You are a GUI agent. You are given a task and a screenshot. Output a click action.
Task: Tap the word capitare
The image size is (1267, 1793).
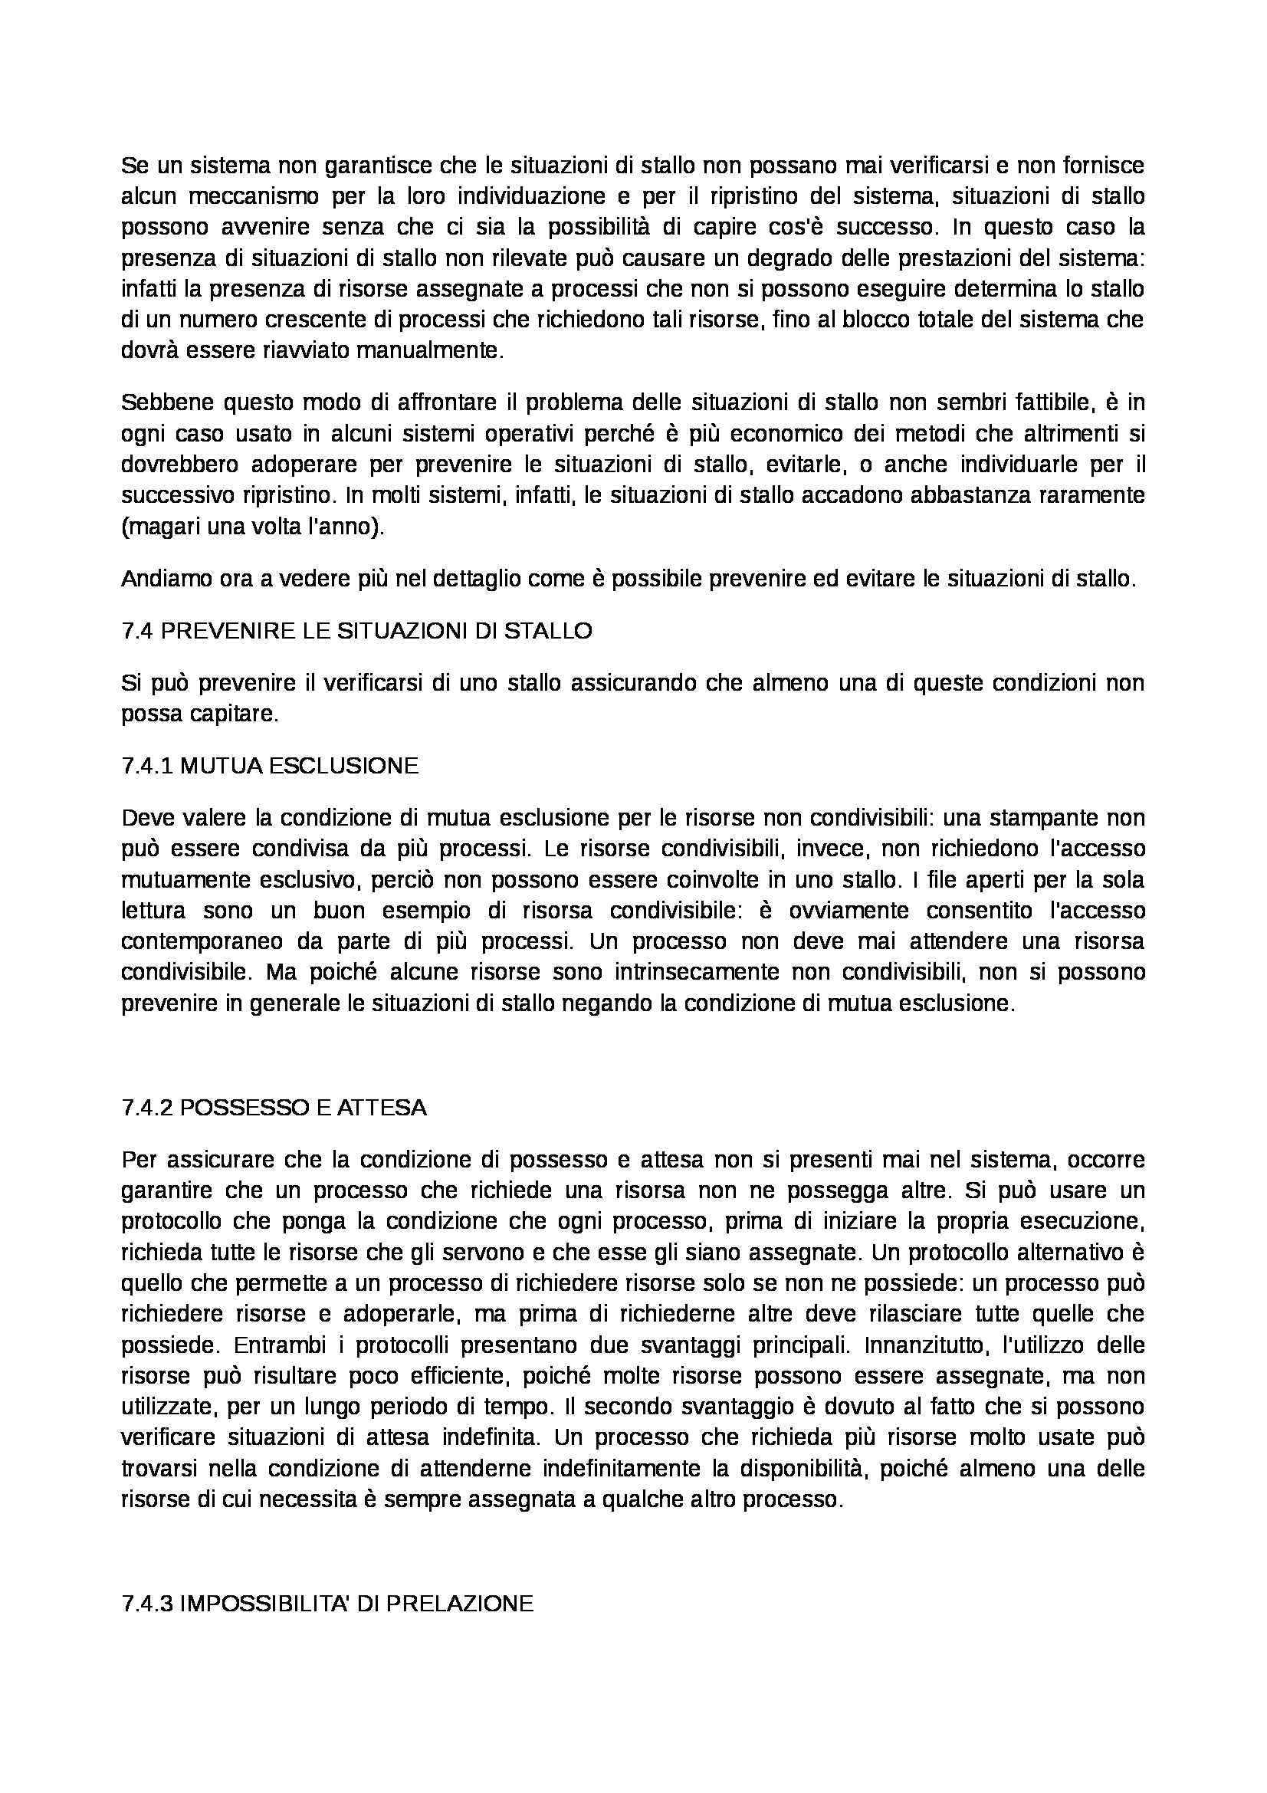pyautogui.click(x=238, y=714)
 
